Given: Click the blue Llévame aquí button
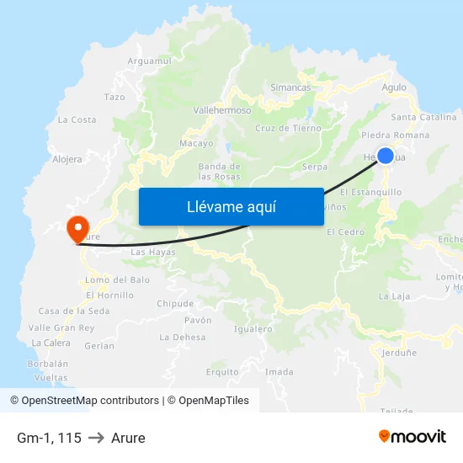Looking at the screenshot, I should tap(231, 206).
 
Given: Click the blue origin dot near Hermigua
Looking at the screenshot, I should tap(385, 156).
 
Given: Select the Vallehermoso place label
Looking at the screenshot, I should tap(222, 110).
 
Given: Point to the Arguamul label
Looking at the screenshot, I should tap(149, 61).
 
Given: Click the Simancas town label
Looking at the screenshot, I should tap(290, 88).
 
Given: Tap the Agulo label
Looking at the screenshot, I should tap(394, 87).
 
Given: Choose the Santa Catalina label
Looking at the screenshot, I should tap(423, 117).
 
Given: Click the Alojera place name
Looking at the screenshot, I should tap(67, 158).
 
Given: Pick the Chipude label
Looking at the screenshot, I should tap(175, 304).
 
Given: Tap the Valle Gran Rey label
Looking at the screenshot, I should tap(61, 327).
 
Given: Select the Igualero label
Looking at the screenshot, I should tap(253, 329).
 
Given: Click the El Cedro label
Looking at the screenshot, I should tap(345, 231).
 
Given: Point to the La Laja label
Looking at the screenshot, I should tap(394, 296).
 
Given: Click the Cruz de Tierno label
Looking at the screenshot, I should tap(288, 129).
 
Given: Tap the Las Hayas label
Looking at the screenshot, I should tap(153, 252).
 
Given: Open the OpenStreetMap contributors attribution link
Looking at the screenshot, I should tap(90, 401).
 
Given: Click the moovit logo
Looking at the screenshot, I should tap(412, 437).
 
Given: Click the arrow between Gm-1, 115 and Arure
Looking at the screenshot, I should tap(96, 438).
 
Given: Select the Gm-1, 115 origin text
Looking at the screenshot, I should tap(49, 438).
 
